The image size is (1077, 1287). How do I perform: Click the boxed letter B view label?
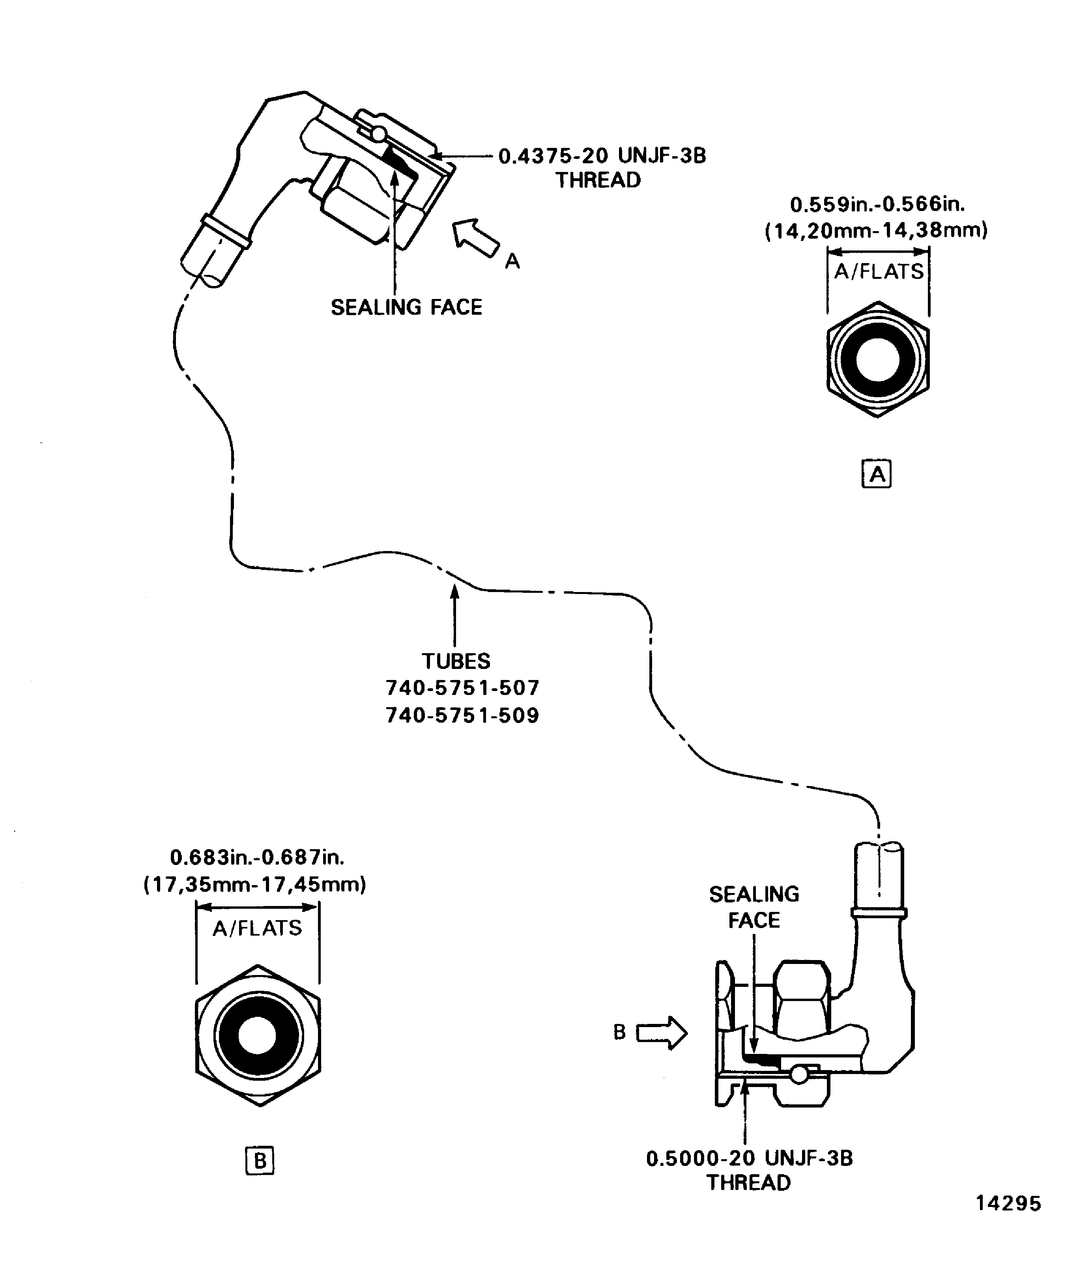260,1161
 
